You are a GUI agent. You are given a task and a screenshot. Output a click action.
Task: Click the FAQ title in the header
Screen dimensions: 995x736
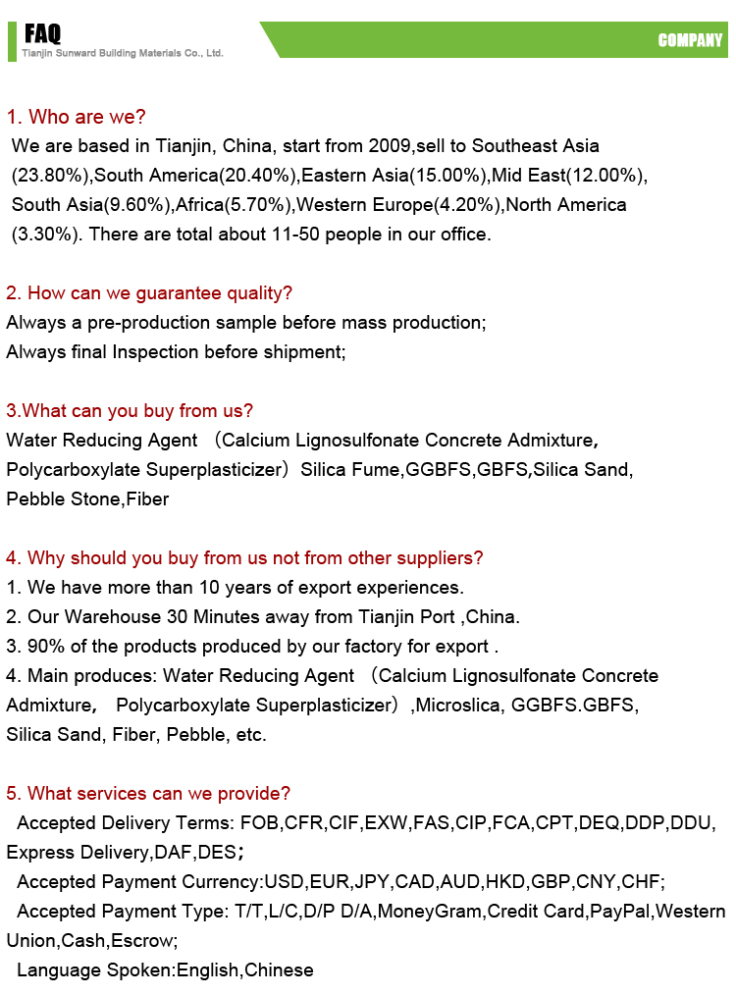[43, 35]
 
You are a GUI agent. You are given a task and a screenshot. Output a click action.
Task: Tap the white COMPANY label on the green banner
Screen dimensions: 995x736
[690, 40]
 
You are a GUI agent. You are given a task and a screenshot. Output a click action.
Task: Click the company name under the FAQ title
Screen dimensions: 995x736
[123, 53]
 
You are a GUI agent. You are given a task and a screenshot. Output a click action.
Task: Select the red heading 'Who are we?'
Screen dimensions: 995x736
[77, 117]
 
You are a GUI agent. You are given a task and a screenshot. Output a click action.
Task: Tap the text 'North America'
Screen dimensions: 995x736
[566, 205]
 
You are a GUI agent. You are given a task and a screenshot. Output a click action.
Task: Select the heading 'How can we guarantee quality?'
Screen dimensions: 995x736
[149, 293]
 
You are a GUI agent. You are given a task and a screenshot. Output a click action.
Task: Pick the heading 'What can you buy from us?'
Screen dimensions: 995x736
[130, 411]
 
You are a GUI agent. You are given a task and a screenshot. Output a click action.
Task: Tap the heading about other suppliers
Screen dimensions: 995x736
[244, 558]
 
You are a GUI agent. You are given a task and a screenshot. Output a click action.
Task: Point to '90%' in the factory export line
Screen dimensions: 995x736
[42, 647]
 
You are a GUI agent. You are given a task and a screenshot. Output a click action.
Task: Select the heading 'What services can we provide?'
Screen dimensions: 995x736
[148, 794]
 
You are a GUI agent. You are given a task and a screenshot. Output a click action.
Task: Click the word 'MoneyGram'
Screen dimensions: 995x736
[430, 912]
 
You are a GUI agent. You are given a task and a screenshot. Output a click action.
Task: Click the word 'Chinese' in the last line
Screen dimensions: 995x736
[279, 970]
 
